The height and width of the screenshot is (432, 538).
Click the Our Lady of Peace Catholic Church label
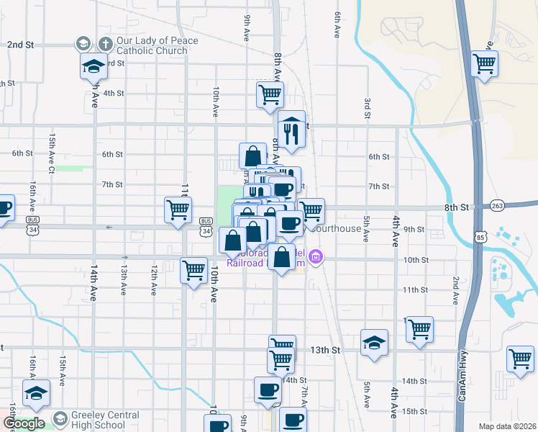click(x=157, y=46)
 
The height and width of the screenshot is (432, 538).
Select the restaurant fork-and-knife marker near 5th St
click(x=291, y=129)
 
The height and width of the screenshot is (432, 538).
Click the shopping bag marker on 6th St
click(x=253, y=156)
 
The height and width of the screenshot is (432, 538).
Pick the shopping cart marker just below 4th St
click(x=270, y=94)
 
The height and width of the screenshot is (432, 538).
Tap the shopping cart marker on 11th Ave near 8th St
click(x=178, y=210)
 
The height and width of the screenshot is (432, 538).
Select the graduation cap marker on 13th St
click(x=374, y=343)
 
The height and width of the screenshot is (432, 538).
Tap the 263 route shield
click(x=498, y=205)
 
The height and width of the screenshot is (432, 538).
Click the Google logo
click(x=24, y=423)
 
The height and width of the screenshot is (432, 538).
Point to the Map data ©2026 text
click(x=508, y=426)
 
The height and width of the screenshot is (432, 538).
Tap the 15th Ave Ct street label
click(x=52, y=153)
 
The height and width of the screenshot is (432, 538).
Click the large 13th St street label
click(x=324, y=350)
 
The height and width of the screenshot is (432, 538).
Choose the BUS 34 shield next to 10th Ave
click(x=206, y=226)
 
